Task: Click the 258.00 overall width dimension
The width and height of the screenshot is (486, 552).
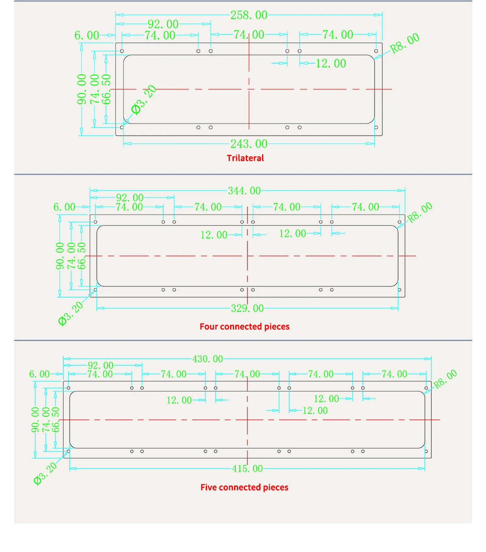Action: (x=249, y=15)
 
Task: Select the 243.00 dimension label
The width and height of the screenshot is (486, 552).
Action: (x=249, y=144)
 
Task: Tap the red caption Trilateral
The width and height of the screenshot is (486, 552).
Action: (x=245, y=158)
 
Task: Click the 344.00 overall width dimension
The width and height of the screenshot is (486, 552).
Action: (x=244, y=191)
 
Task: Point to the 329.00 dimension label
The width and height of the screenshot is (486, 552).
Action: (x=247, y=309)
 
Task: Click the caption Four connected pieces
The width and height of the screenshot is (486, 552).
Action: (x=244, y=326)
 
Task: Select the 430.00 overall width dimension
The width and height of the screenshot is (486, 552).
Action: (x=207, y=359)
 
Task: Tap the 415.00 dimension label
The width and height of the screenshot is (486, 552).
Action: (x=247, y=469)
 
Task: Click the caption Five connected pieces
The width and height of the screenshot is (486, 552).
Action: (x=244, y=487)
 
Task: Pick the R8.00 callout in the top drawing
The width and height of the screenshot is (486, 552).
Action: (x=405, y=43)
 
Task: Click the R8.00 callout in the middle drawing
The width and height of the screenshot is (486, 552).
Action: (x=420, y=213)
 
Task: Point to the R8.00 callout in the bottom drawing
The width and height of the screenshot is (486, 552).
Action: (x=445, y=379)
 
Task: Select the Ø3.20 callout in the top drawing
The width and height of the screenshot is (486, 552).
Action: (x=143, y=100)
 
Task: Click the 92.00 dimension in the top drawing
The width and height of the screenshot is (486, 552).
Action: (x=163, y=24)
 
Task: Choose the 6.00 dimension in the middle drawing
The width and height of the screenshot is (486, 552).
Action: (x=64, y=207)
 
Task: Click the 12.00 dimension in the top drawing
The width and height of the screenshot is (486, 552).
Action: (x=331, y=64)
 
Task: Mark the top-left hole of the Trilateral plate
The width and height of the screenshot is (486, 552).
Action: (x=122, y=51)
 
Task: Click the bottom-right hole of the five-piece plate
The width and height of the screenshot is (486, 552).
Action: (x=426, y=451)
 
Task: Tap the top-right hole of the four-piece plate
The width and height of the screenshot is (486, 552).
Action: (x=400, y=222)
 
